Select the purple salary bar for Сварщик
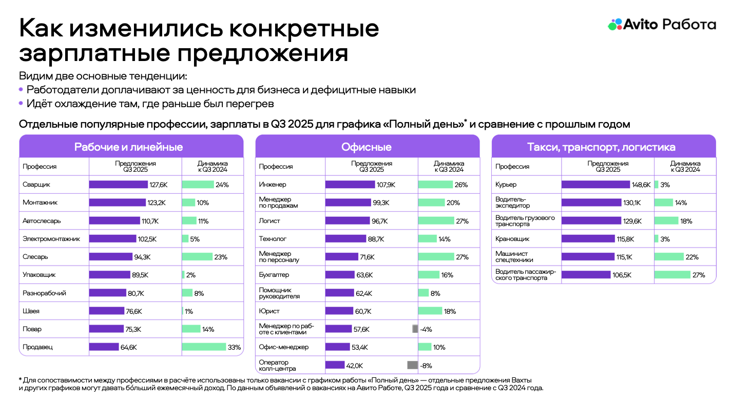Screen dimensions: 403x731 118,185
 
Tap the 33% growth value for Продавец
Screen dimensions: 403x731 234,347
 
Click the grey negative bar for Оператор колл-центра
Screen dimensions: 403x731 412,366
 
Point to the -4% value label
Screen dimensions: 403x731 426,329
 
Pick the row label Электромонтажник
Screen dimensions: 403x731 51,239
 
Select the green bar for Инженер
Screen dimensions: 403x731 435,185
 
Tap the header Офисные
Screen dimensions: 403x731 367,147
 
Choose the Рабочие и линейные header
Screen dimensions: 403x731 128,147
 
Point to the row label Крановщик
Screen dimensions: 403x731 512,239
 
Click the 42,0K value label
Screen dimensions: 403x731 355,366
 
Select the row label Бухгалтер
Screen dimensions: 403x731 274,275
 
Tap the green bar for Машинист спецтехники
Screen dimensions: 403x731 669,257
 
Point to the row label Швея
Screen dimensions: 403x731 31,311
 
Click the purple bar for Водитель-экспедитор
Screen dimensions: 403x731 591,203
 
